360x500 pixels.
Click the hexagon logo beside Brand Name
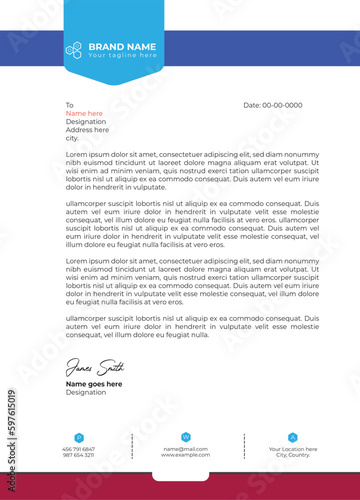(x=74, y=47)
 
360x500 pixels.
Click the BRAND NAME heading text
(x=122, y=46)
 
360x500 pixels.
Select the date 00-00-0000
(x=273, y=105)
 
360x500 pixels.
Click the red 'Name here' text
(x=84, y=113)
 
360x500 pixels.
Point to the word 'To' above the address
(x=70, y=105)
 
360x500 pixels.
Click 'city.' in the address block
(x=72, y=138)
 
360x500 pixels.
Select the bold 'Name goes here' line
(x=94, y=384)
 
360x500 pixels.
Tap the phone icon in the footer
(x=78, y=437)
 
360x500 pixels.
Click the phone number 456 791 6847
(x=78, y=449)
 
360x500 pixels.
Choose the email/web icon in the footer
(x=185, y=437)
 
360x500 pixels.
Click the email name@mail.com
(x=185, y=449)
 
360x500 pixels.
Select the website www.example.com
(x=185, y=455)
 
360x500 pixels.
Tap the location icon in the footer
(x=292, y=437)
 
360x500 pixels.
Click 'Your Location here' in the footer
(x=292, y=449)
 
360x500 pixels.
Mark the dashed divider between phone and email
(x=131, y=446)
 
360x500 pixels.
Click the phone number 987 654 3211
(x=78, y=455)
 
